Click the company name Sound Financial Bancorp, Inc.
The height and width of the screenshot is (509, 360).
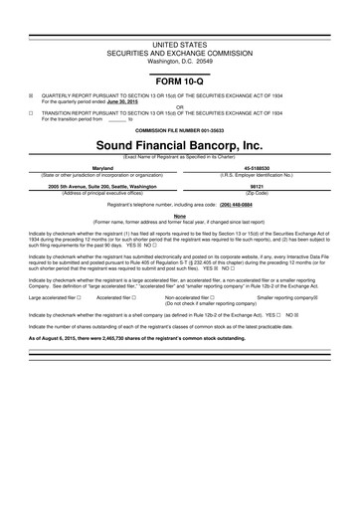[x=180, y=144]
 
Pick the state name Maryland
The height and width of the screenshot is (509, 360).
[x=102, y=168]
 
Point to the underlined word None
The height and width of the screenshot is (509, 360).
[x=180, y=215]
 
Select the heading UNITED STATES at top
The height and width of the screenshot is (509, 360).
[x=180, y=46]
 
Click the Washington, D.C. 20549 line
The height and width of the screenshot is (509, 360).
[x=180, y=61]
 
